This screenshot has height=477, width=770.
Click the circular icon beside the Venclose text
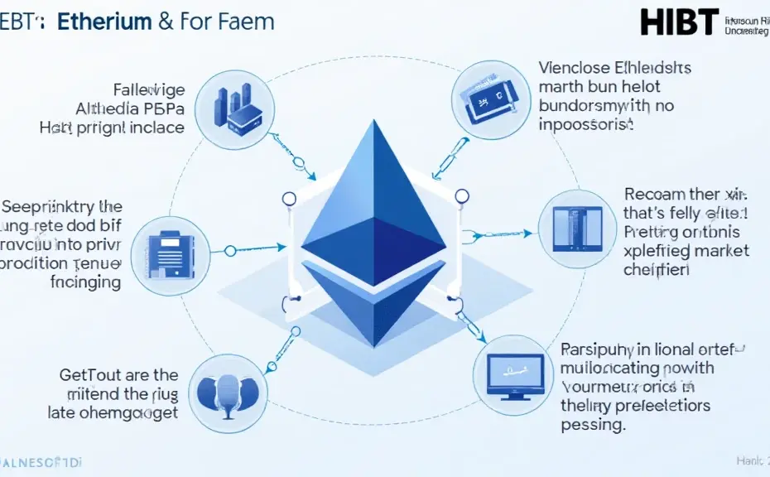(x=488, y=99)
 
